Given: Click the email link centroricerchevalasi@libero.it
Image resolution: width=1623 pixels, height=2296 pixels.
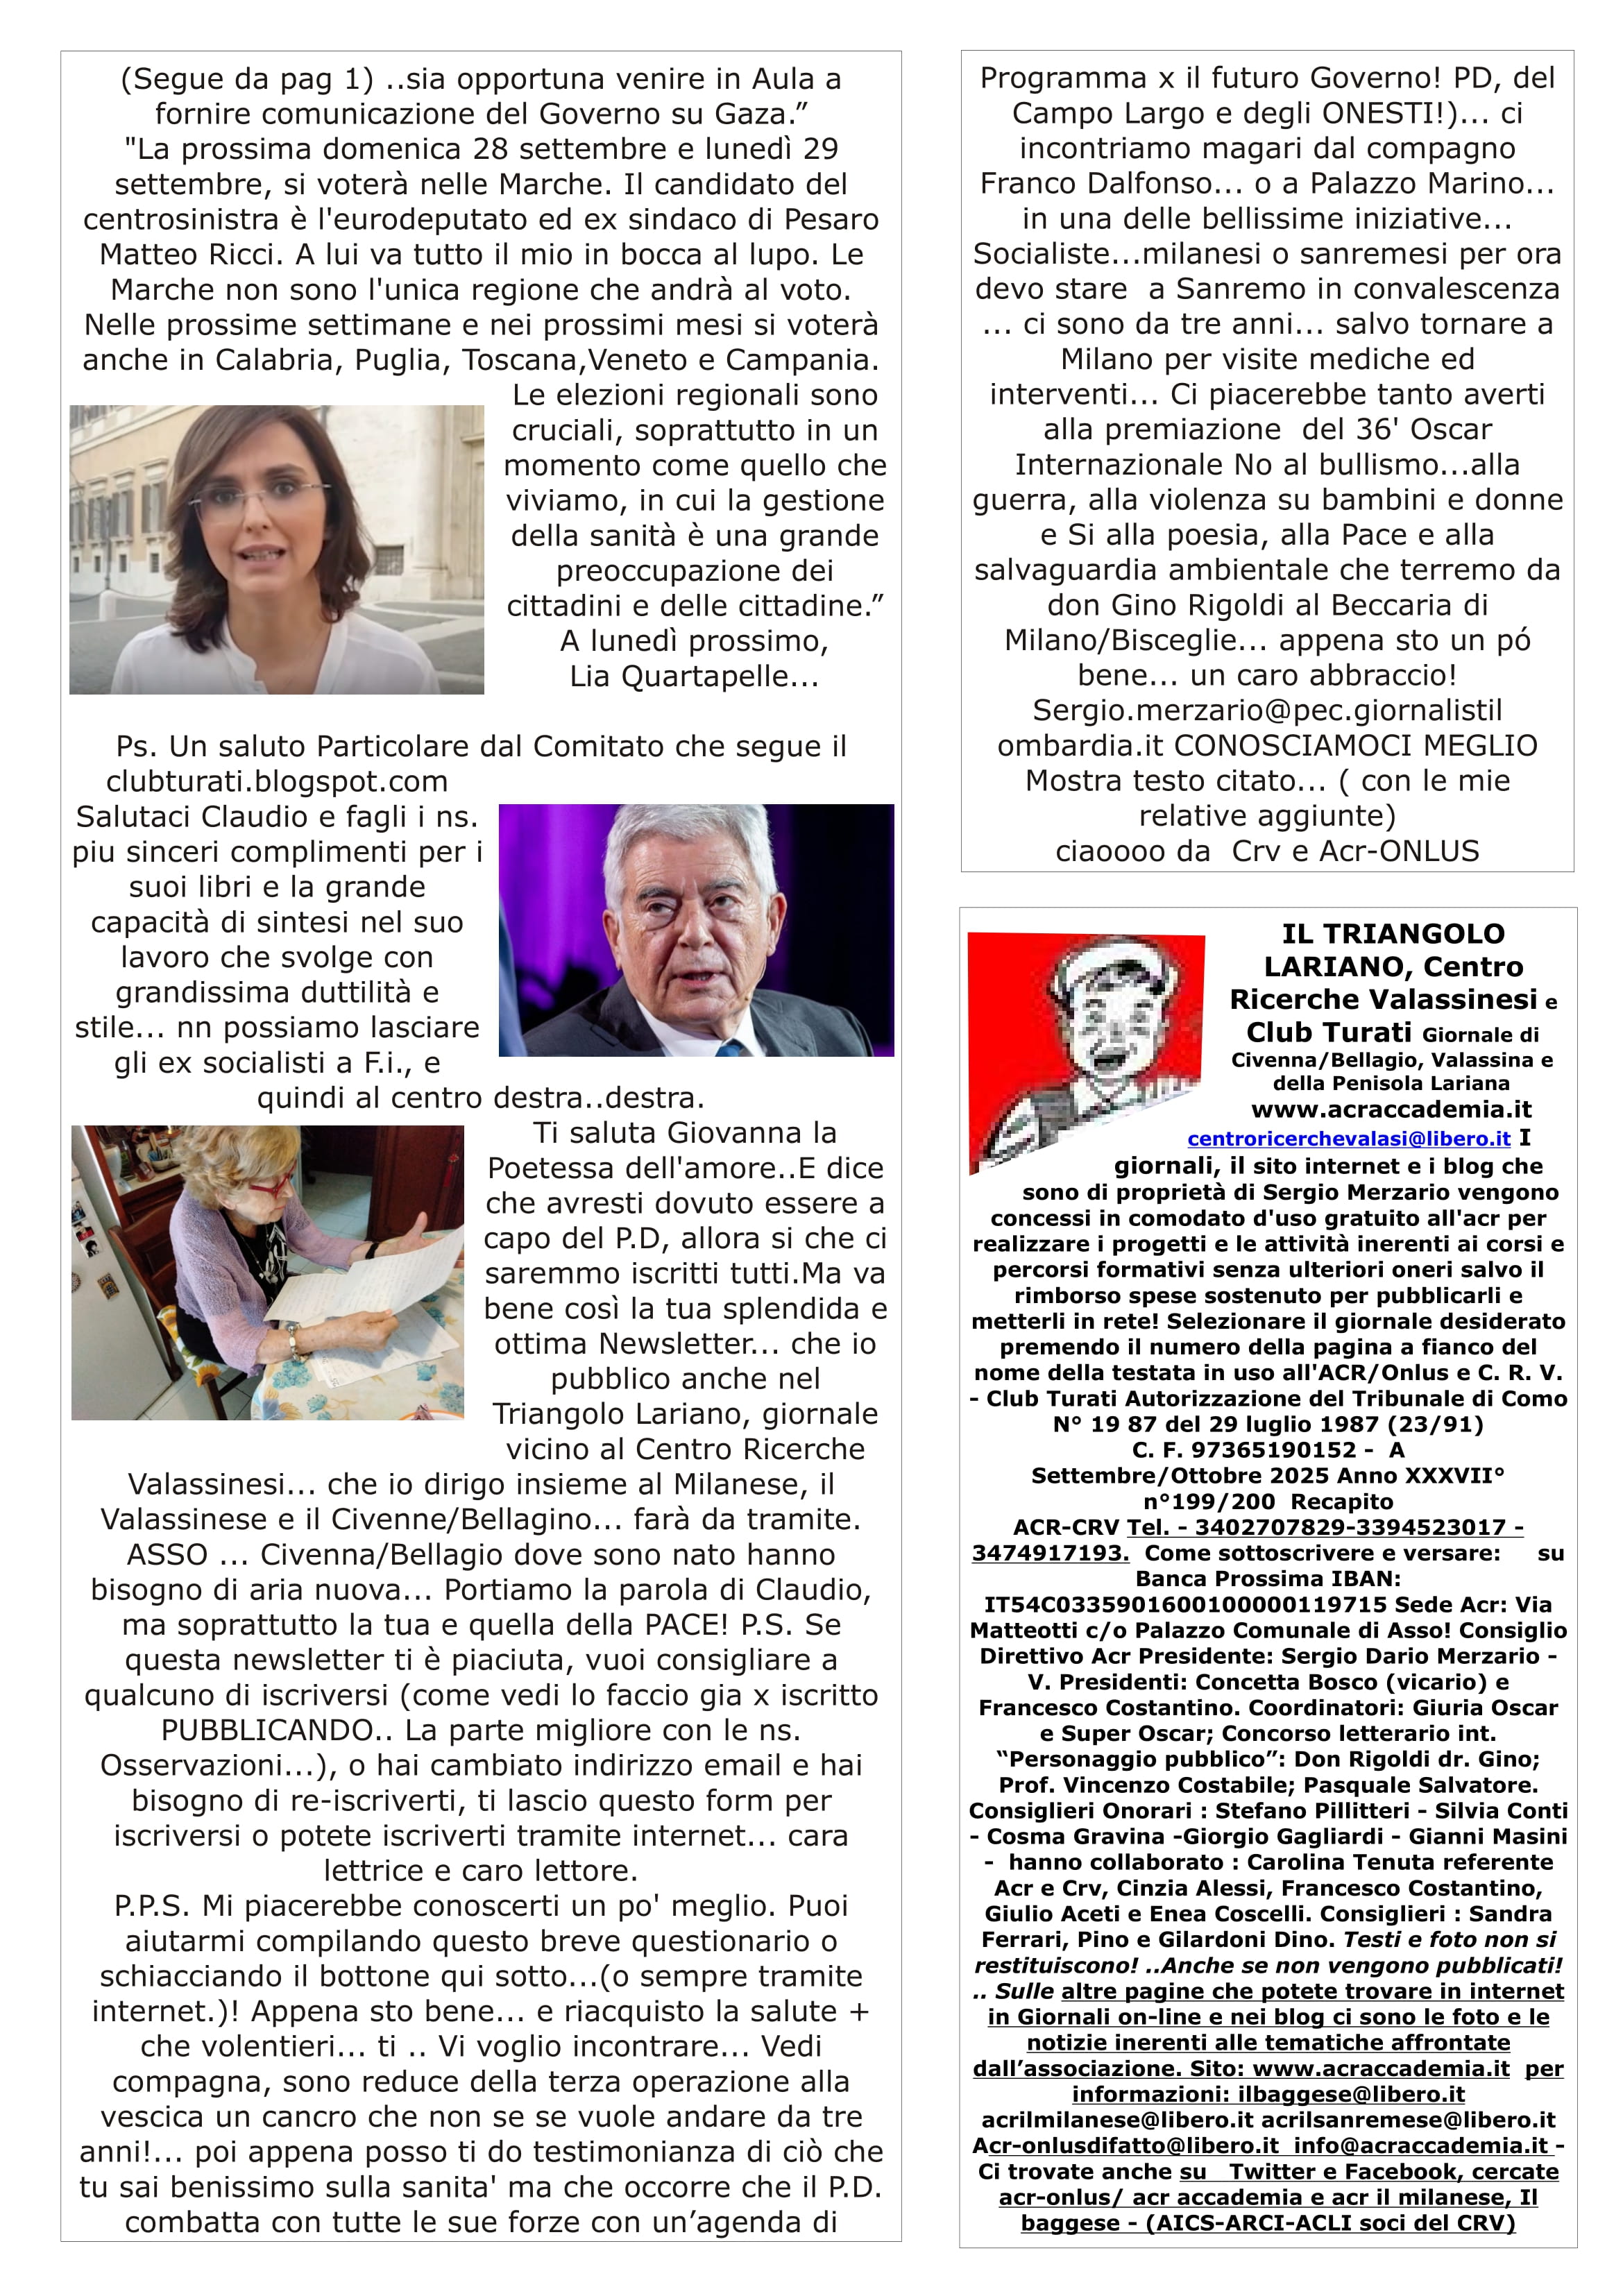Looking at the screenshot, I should (1348, 1139).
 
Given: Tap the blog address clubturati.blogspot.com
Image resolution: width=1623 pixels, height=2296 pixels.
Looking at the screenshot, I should (277, 782).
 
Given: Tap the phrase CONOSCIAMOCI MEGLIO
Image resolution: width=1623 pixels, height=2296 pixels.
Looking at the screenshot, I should (1355, 746).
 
